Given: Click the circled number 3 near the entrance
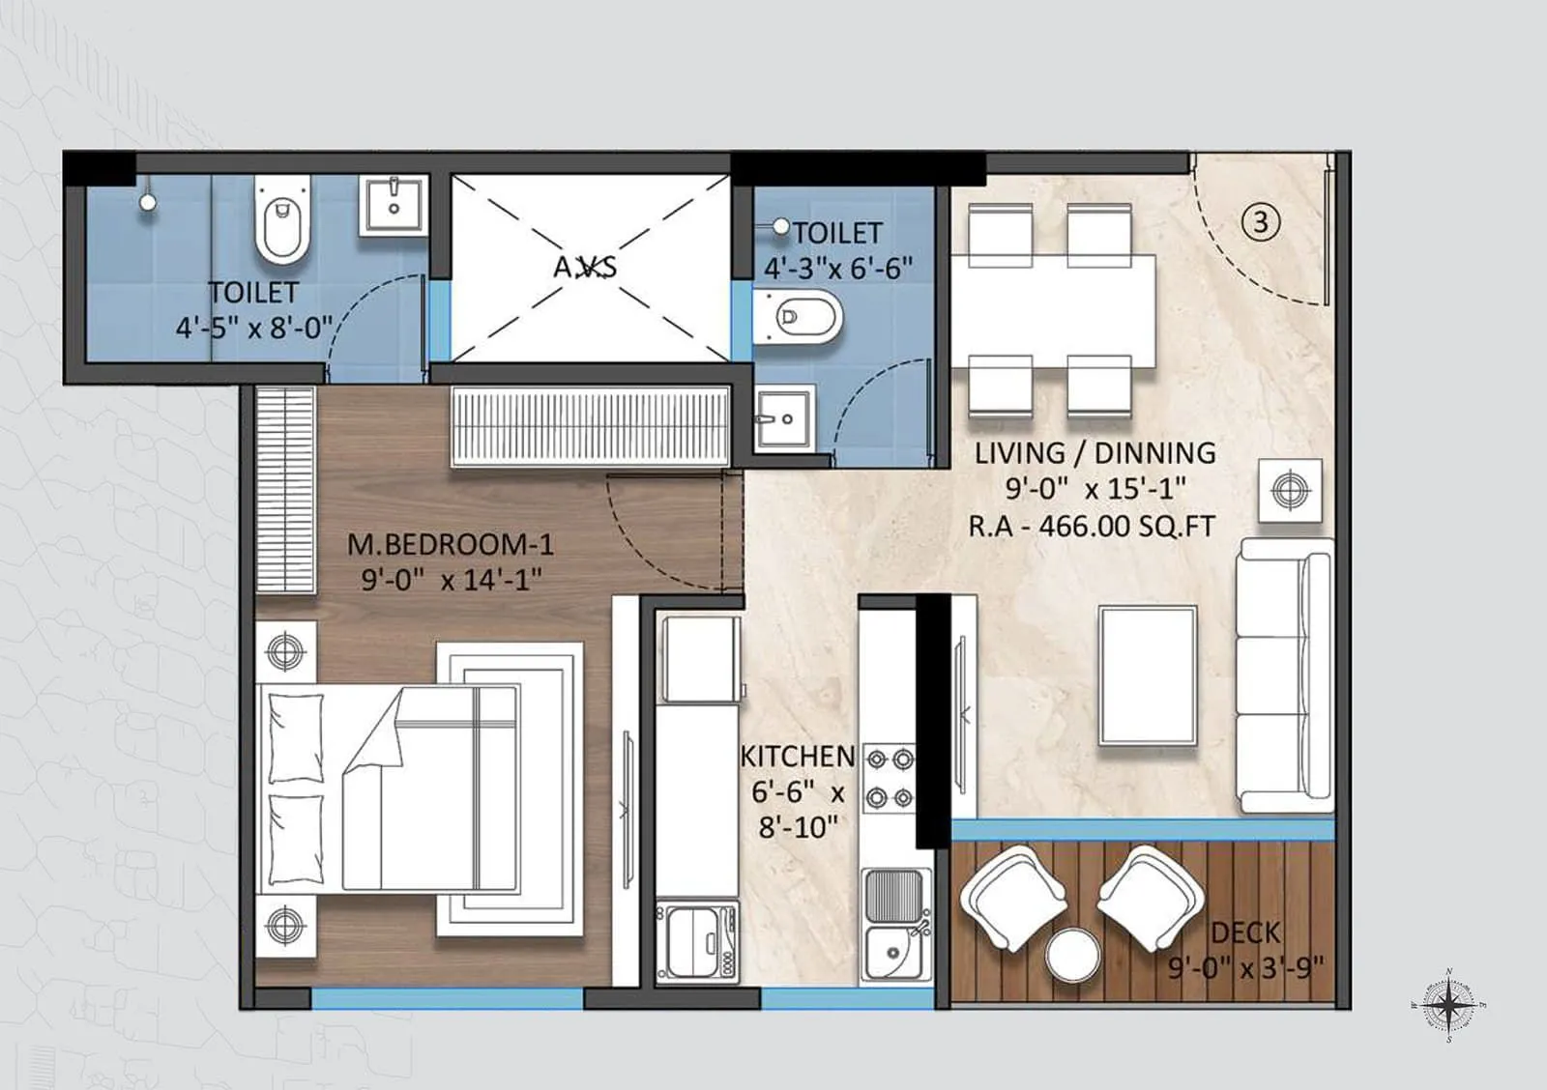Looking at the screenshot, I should tap(1260, 222).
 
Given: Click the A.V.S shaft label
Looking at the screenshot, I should tap(585, 267).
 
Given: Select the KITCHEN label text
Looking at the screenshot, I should tap(798, 756).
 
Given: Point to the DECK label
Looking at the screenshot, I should tap(1245, 932).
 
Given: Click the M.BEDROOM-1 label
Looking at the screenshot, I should tap(451, 544).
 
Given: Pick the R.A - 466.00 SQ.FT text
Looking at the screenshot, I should tap(1092, 527).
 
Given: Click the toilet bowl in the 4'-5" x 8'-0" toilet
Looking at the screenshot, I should tap(282, 220).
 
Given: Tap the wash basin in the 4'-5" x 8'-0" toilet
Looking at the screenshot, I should tap(394, 205).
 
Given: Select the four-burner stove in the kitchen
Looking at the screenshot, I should tap(889, 779).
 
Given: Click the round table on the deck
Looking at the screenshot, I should tap(1072, 955).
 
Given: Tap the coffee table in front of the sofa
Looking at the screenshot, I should tap(1148, 674).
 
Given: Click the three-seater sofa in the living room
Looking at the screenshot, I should tap(1284, 674).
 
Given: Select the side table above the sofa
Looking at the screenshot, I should tap(1290, 491).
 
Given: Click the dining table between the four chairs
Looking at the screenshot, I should tap(1053, 310).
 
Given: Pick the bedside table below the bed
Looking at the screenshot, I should tap(285, 925).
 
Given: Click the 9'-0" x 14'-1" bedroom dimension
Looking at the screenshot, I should tap(451, 580).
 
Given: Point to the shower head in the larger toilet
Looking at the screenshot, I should tap(147, 203).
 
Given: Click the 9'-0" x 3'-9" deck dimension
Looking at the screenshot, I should tap(1245, 966).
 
